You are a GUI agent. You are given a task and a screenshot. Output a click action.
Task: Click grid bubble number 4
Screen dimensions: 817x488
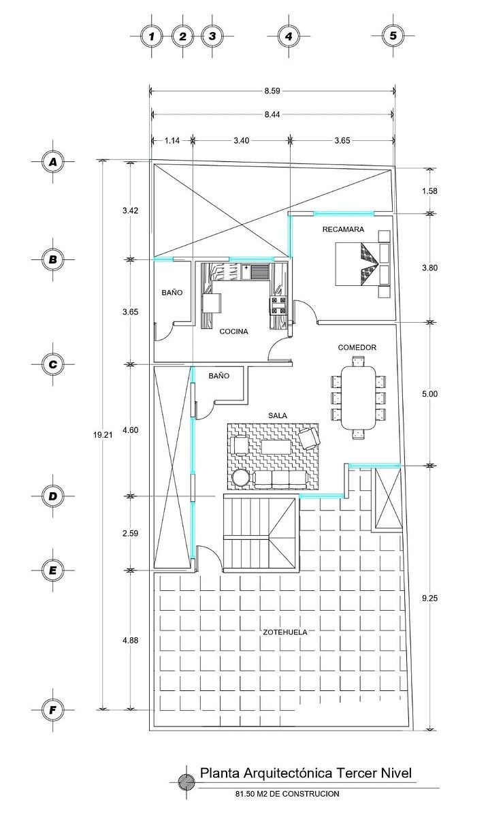(x=289, y=36)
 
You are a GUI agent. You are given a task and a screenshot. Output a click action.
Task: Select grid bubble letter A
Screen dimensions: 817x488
(x=52, y=161)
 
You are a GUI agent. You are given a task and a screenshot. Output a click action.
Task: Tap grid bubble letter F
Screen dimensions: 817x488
(x=52, y=711)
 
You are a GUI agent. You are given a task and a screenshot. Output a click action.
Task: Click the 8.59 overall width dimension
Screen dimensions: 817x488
(x=272, y=90)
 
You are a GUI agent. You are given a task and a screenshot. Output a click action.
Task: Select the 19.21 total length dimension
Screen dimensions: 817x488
(x=101, y=433)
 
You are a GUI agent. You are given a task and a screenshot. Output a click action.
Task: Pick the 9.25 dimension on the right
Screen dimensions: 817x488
(x=429, y=598)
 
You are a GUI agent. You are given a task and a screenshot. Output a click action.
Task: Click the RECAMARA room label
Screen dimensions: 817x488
(x=343, y=229)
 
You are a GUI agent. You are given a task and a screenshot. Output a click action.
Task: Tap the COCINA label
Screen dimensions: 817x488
(x=233, y=332)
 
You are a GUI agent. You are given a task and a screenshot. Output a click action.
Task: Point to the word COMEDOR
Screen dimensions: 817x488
(x=357, y=347)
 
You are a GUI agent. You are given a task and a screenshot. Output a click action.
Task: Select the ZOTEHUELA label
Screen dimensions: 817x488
(x=284, y=632)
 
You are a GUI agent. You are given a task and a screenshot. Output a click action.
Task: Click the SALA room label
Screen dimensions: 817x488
(x=277, y=413)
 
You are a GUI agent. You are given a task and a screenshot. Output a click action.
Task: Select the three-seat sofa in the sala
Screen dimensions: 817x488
(x=279, y=479)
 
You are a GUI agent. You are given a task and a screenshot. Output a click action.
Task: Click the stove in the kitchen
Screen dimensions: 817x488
(x=279, y=304)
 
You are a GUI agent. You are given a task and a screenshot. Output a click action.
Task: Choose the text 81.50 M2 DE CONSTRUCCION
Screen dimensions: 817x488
(x=287, y=794)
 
